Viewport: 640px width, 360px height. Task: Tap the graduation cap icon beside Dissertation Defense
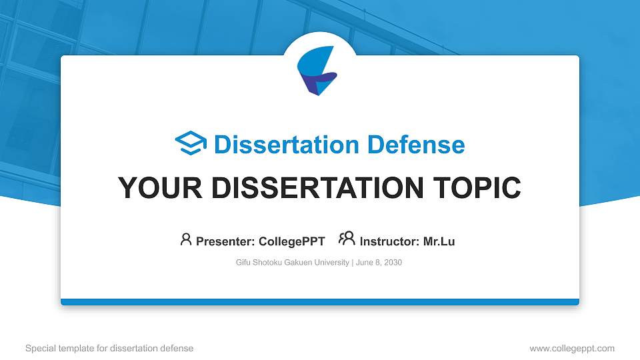tap(191, 144)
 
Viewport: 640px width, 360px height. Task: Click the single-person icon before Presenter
tap(186, 239)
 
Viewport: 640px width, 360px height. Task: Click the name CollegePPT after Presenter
tap(291, 241)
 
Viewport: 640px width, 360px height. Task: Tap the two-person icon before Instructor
tap(347, 239)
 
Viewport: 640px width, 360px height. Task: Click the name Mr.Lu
tap(439, 241)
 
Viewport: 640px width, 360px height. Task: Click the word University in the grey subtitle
tap(331, 263)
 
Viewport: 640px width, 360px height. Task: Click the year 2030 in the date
tap(393, 263)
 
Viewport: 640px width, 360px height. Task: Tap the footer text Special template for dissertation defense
tap(109, 348)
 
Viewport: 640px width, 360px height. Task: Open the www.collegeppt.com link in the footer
tap(572, 348)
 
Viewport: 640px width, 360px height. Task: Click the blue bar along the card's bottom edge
tap(320, 302)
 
